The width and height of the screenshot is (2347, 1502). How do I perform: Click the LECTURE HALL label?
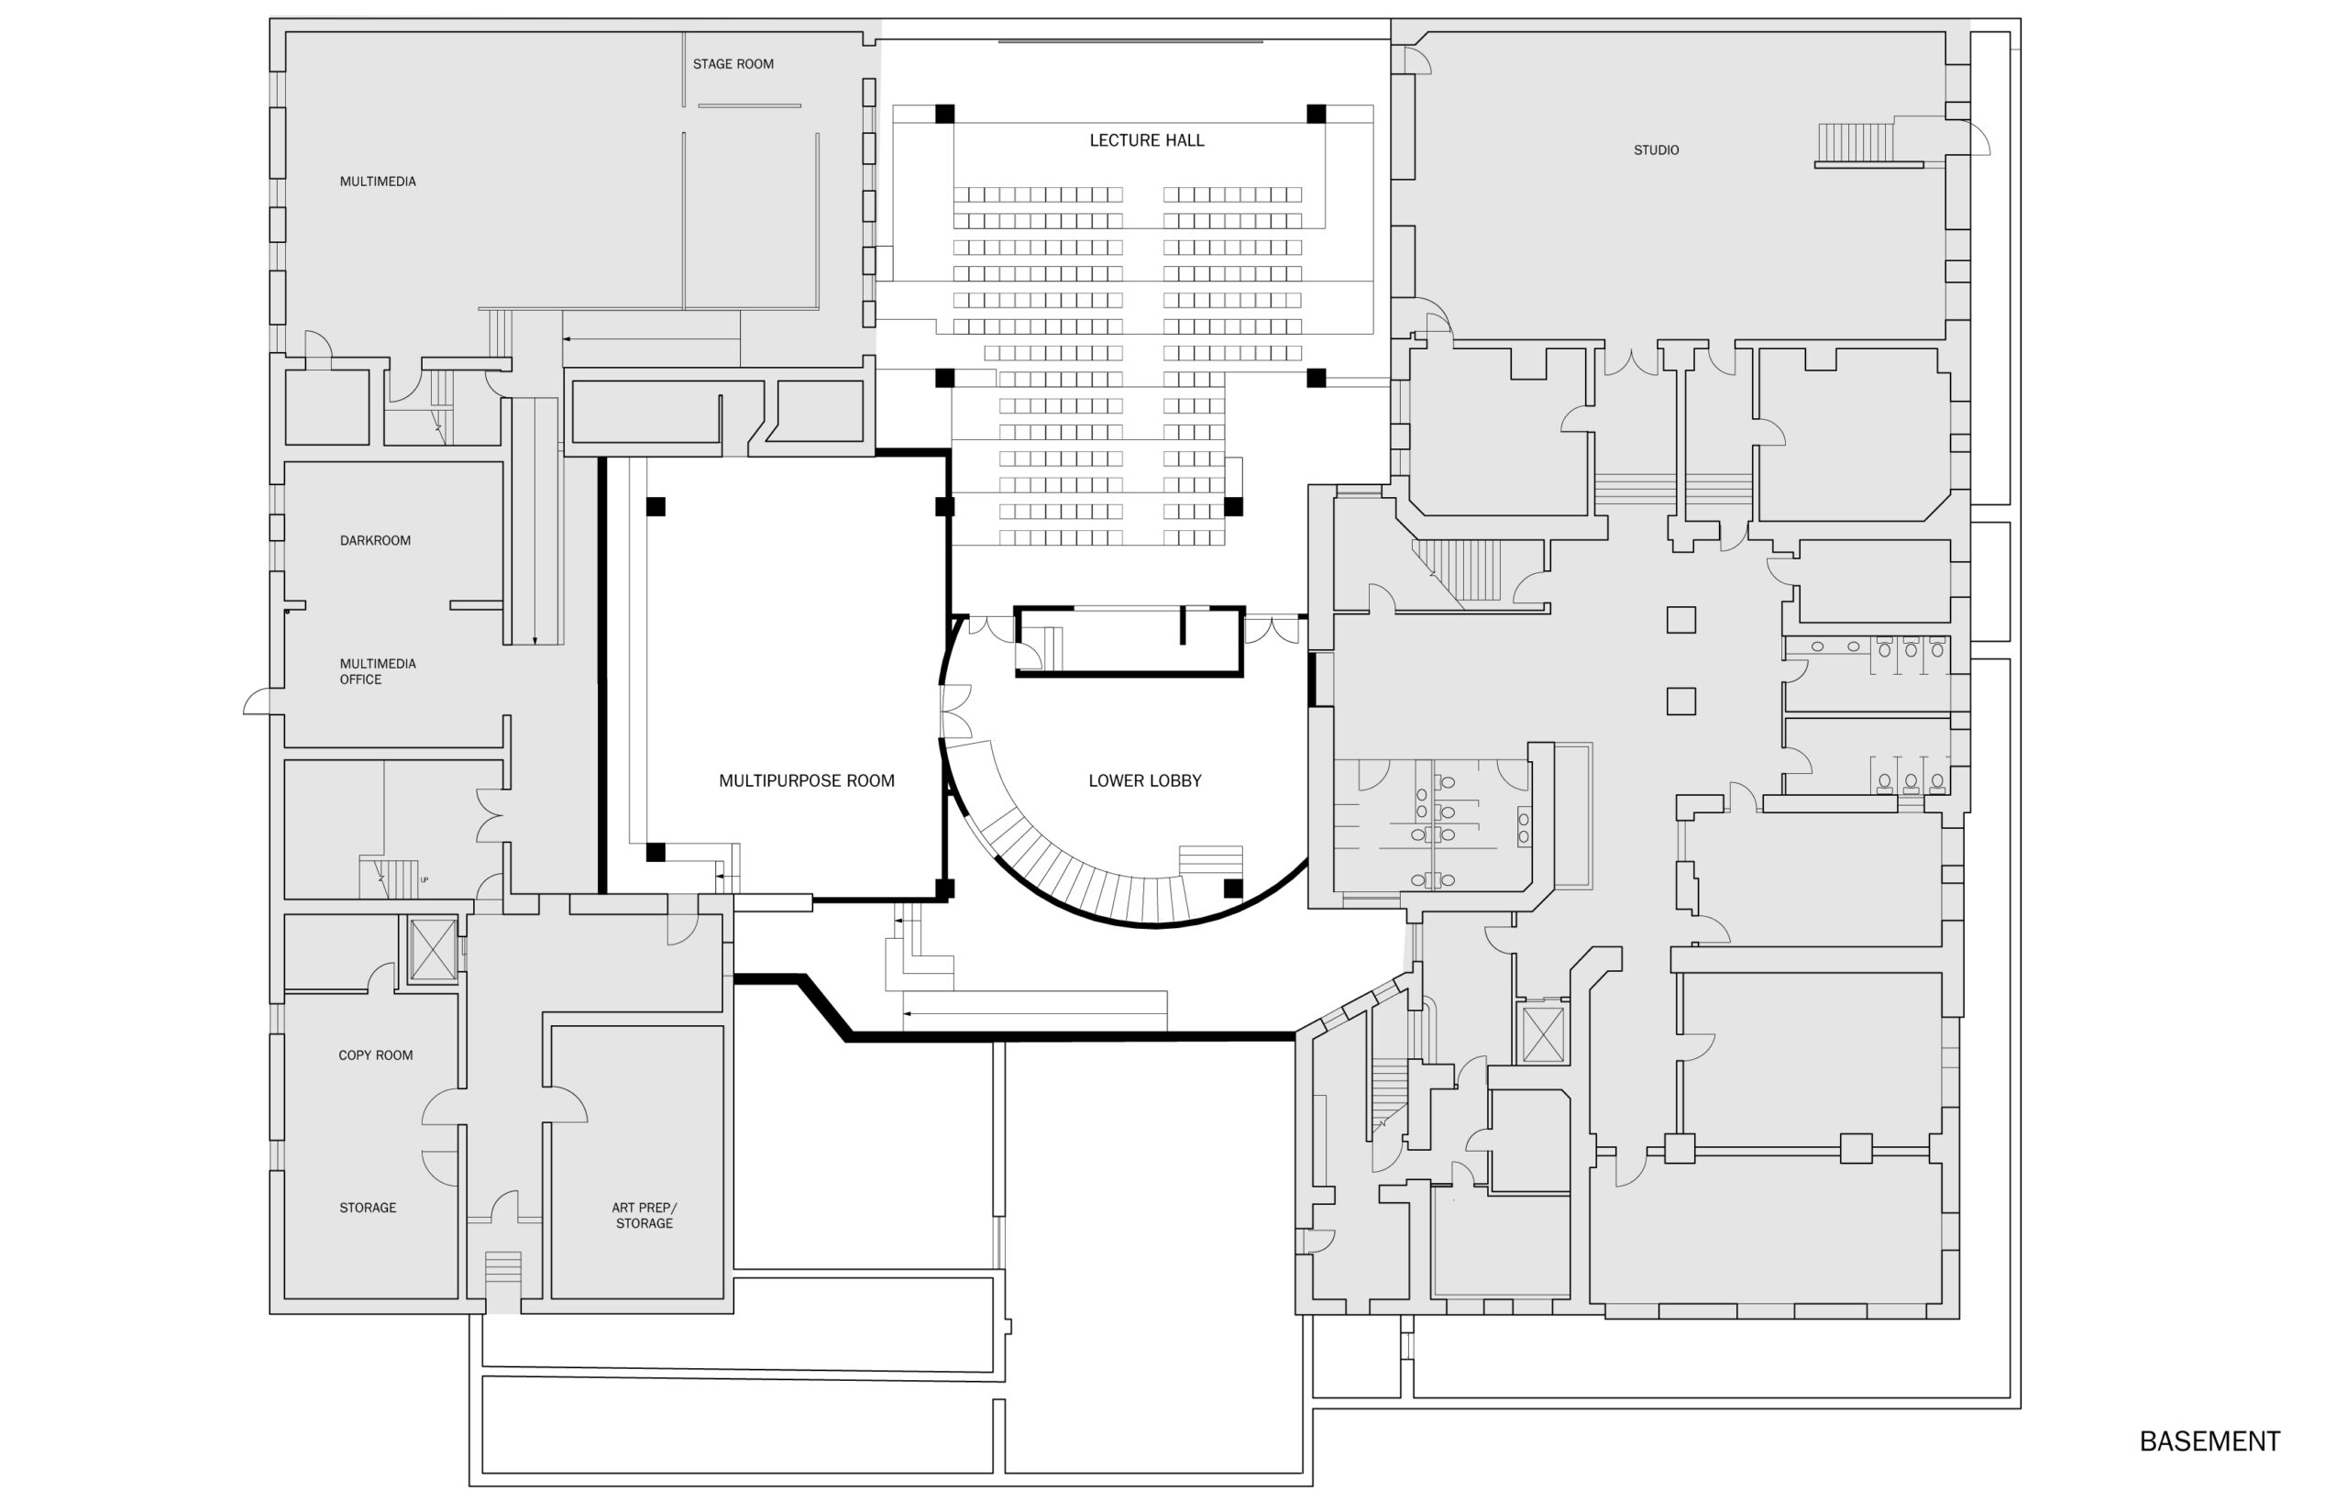pos(1147,140)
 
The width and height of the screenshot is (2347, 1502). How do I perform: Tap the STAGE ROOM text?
pos(733,64)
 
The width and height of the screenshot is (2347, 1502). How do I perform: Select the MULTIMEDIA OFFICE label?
pos(378,671)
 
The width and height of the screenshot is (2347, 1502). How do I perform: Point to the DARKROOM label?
pos(374,540)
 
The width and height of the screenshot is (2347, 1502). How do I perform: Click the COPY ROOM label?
pos(375,1055)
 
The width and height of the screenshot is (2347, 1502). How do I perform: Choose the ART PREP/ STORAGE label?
pos(644,1215)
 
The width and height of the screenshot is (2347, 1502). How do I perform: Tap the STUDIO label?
pos(1656,150)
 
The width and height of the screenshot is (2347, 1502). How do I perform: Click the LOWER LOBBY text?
pos(1145,780)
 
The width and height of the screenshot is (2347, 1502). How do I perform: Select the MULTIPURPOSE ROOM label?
pos(807,780)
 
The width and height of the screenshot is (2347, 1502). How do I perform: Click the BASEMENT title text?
pos(2209,1441)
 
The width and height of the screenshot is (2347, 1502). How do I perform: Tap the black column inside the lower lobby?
pos(1232,888)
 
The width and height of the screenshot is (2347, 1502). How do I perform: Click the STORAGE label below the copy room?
pos(368,1208)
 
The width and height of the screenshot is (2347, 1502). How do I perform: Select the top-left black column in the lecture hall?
pos(944,113)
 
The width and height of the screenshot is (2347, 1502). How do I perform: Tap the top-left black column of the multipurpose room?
pos(656,506)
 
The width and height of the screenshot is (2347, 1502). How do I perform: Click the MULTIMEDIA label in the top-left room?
pos(378,182)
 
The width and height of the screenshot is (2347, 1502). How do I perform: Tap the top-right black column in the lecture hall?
pos(1316,113)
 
